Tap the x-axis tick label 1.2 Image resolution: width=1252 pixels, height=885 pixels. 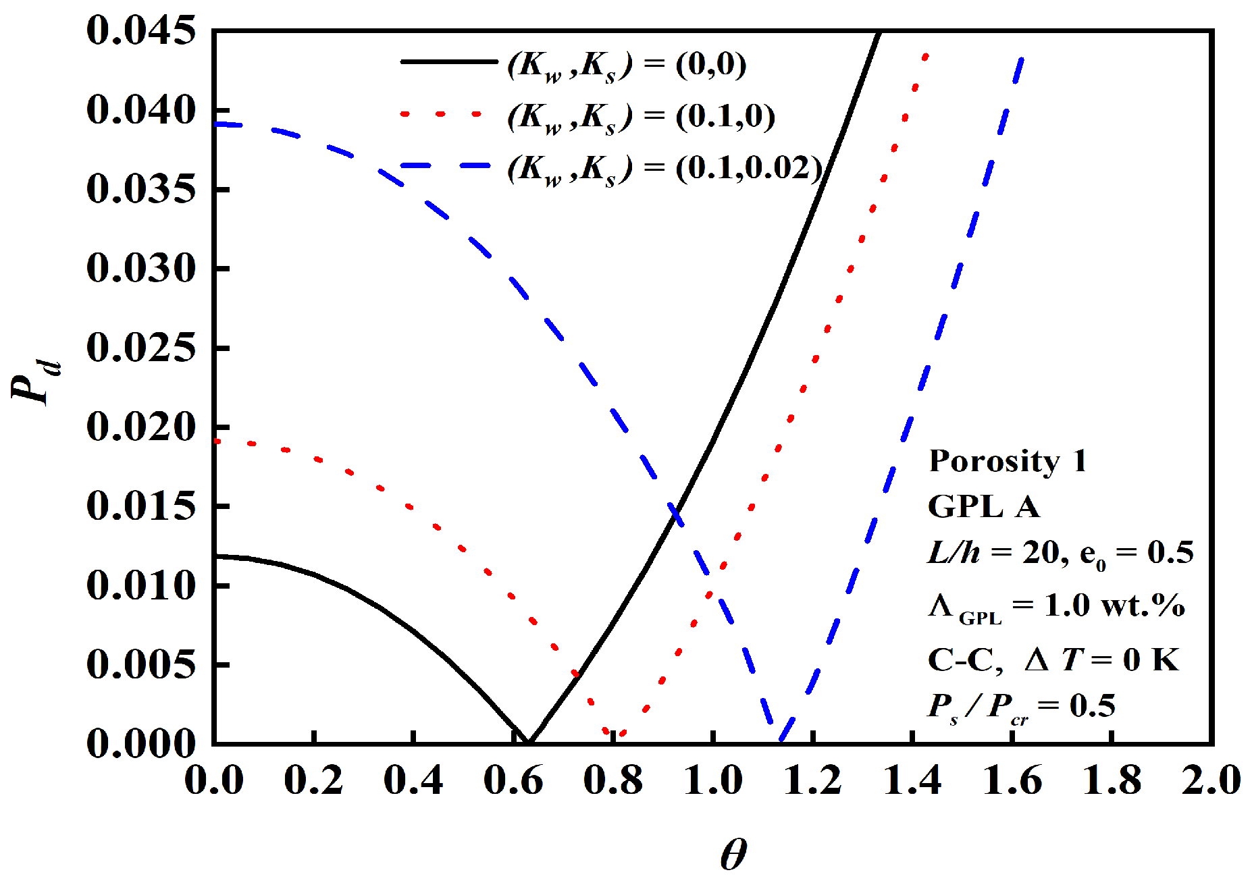812,781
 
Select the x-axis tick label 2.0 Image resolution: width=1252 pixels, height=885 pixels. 1211,781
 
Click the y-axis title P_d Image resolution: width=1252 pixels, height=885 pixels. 35,382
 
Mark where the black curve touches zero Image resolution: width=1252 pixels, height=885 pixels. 529,742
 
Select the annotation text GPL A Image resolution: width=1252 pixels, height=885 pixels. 983,506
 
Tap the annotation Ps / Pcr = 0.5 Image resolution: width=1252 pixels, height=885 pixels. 1021,707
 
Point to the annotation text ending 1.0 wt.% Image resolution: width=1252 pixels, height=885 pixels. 1056,606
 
